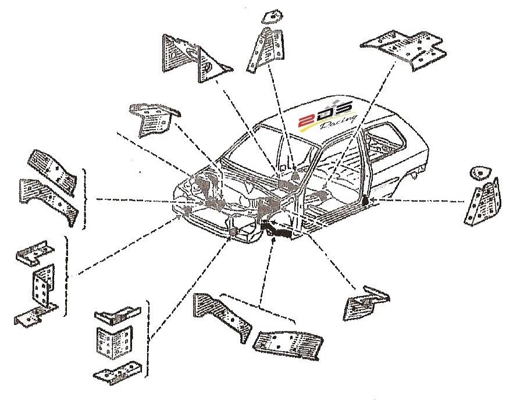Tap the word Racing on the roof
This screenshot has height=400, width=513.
coord(341,123)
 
